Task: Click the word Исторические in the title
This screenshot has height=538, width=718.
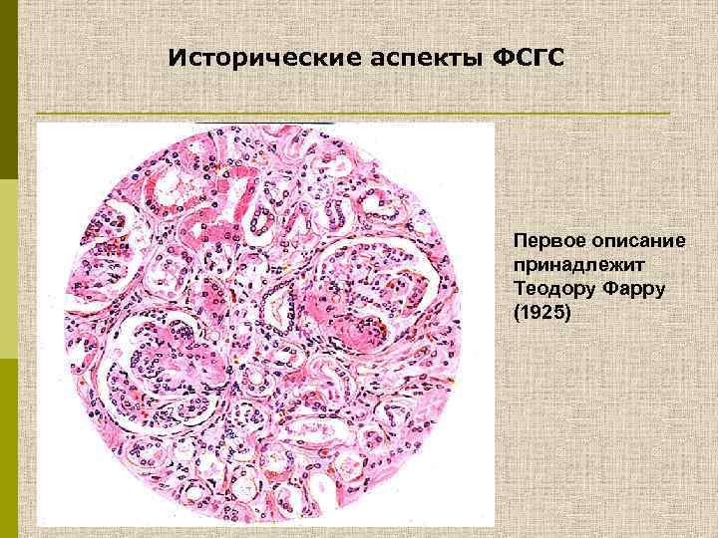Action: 254,58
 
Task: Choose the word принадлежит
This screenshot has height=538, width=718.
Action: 561,265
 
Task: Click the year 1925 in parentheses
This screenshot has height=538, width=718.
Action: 539,313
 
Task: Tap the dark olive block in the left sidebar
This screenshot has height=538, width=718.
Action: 8,90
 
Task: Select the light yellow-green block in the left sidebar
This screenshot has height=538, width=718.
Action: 8,269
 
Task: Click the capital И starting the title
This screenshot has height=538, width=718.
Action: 177,58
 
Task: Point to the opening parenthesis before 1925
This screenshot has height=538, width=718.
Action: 517,313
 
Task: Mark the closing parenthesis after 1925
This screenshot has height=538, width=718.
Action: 563,313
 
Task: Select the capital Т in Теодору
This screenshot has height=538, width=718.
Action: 519,289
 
